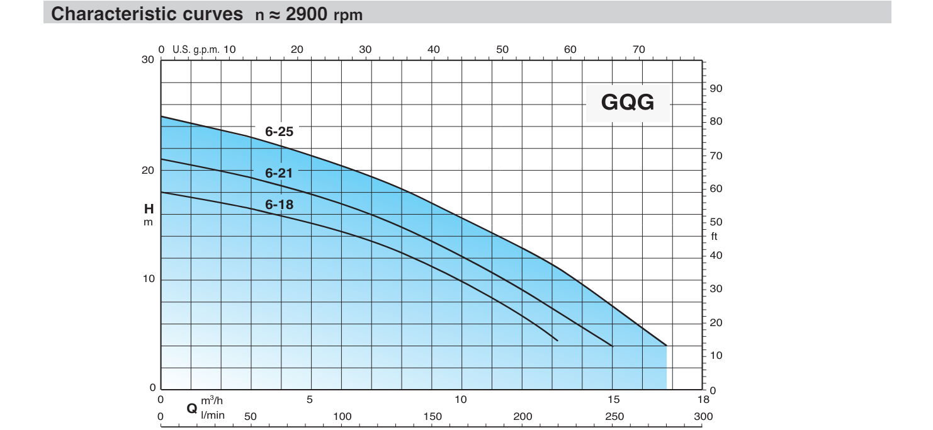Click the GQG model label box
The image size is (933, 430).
click(x=628, y=102)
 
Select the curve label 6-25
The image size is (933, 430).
click(x=279, y=132)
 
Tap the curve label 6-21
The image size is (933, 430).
click(x=279, y=172)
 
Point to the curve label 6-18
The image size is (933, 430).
click(x=279, y=205)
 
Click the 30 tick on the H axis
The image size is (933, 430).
click(x=148, y=60)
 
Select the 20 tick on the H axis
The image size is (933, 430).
click(x=148, y=171)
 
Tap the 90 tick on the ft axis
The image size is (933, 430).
click(x=716, y=89)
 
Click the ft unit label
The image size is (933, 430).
click(x=715, y=237)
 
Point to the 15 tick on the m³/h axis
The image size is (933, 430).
click(x=614, y=399)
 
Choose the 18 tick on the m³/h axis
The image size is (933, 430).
click(x=703, y=399)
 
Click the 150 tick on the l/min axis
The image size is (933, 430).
click(x=433, y=416)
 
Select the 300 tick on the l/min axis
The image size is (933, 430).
click(x=703, y=416)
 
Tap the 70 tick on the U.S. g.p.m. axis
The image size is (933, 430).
click(x=638, y=50)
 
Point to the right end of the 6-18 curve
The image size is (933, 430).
click(x=557, y=340)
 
